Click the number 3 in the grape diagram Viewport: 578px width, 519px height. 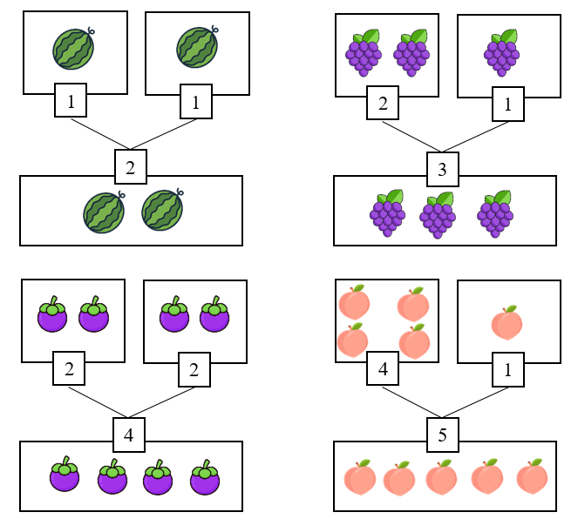[x=443, y=169]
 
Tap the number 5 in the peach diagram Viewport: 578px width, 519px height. [x=443, y=435]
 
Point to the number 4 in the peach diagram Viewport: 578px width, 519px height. [x=384, y=369]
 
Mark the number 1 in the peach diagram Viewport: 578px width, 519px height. [x=507, y=369]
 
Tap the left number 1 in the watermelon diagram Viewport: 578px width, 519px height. [x=71, y=102]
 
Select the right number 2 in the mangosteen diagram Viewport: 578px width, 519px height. [x=193, y=369]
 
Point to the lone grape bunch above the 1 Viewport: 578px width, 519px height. [x=502, y=52]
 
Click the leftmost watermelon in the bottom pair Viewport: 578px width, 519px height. [x=104, y=212]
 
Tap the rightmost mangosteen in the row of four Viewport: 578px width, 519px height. [x=204, y=478]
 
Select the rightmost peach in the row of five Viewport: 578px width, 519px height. [x=532, y=478]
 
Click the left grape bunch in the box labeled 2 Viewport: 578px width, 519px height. [x=365, y=51]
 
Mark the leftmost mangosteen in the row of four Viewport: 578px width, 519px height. [x=64, y=477]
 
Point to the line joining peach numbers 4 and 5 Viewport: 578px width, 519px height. [x=411, y=402]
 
